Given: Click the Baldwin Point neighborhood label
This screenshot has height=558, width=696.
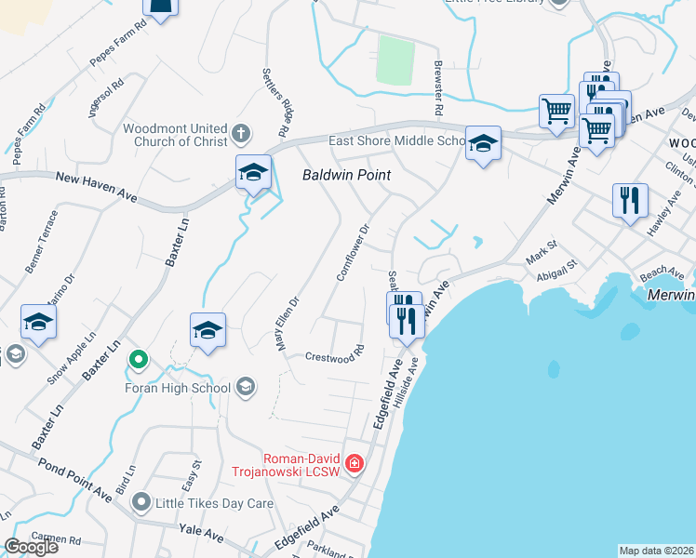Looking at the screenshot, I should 345,175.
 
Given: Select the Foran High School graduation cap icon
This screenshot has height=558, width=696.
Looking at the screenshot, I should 246,387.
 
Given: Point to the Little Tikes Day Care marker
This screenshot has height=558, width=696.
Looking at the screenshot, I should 141,502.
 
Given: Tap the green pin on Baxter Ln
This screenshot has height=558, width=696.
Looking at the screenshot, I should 139,358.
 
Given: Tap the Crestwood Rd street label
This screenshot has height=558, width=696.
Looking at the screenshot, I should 334,356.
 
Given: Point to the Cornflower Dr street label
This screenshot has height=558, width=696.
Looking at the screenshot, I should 353,251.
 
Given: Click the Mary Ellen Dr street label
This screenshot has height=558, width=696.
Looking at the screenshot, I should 286,323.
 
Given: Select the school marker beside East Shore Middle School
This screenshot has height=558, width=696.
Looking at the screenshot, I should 483,144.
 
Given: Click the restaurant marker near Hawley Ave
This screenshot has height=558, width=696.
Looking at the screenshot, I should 630,200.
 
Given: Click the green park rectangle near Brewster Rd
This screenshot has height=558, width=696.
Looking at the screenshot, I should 395,60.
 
